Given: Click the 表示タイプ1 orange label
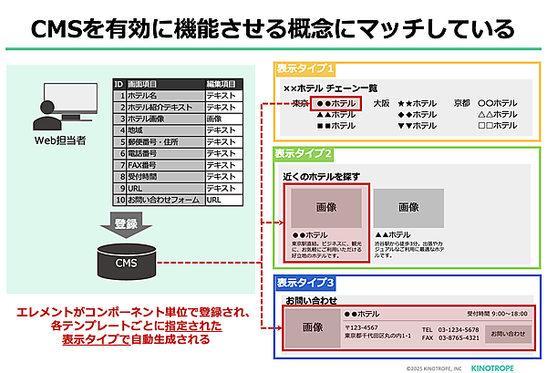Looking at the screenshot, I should (305, 69).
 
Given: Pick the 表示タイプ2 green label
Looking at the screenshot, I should (305, 154).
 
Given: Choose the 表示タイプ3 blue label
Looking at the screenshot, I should (305, 283).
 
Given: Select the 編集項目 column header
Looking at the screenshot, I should (222, 84).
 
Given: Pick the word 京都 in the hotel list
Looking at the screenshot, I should (462, 104).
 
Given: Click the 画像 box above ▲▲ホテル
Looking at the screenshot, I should (408, 208).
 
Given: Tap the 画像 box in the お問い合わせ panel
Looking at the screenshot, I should (313, 327).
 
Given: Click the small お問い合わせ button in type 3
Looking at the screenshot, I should (508, 334).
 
